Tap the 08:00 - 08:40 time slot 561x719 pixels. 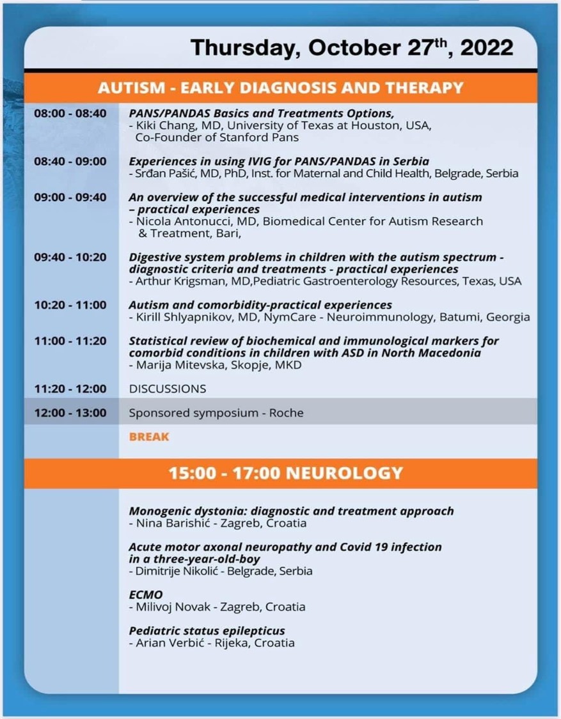[x=70, y=113]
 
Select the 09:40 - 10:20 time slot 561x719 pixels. [x=70, y=257]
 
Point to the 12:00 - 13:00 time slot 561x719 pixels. [x=70, y=413]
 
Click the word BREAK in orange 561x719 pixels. [x=149, y=437]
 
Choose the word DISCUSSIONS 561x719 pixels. [x=168, y=389]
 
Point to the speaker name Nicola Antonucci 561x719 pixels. [x=180, y=221]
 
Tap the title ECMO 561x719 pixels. [x=146, y=595]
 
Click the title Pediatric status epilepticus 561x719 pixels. [x=207, y=631]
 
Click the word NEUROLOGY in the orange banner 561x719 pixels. [x=345, y=474]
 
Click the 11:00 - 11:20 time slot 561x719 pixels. [x=70, y=341]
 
